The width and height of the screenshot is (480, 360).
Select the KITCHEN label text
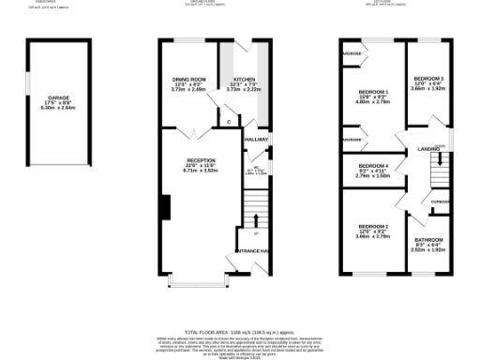tap(244, 80)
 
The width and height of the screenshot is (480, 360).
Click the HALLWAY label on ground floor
tap(256, 139)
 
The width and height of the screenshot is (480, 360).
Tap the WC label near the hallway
tap(254, 168)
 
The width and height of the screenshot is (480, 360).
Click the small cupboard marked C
tap(228, 121)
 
